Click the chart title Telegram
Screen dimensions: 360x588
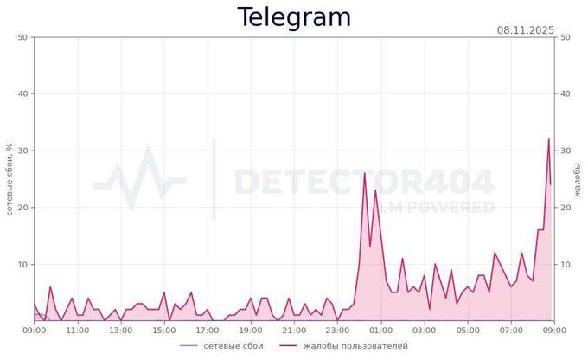tap(294, 17)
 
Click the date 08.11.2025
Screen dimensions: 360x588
tap(525, 30)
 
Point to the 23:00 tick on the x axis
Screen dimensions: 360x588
tap(337, 330)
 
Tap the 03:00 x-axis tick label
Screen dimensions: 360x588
tap(424, 330)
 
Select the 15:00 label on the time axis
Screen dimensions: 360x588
tap(164, 330)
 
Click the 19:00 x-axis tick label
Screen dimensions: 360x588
tap(251, 330)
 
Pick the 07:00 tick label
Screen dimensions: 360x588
tap(511, 330)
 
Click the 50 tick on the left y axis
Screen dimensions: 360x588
tap(22, 37)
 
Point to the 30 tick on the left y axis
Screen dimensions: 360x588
tap(22, 151)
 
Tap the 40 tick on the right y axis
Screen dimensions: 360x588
tap(565, 94)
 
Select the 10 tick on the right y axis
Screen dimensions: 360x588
tap(565, 264)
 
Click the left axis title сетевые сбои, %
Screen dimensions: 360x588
tap(10, 179)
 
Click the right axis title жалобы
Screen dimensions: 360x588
tap(578, 179)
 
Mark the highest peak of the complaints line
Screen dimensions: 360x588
tap(548, 139)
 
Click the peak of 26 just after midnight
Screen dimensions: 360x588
tap(365, 173)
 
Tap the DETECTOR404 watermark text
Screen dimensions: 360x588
tap(364, 183)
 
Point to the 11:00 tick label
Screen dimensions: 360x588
tap(78, 330)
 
